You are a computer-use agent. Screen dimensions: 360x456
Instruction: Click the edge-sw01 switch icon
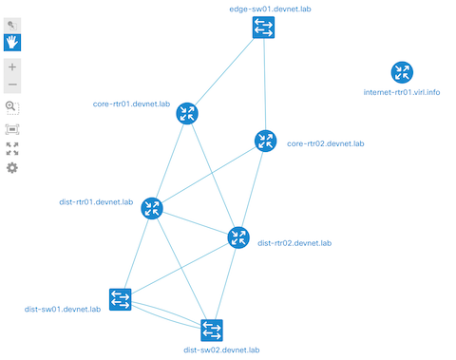click(x=264, y=28)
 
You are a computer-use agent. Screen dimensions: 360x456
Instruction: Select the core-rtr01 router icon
click(x=187, y=114)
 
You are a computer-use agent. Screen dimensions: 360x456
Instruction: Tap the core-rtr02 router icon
click(x=265, y=142)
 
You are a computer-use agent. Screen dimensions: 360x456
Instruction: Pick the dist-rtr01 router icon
click(x=152, y=209)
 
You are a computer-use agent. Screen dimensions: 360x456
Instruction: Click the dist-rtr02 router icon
click(x=238, y=237)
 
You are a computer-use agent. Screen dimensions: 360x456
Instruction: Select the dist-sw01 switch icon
click(x=121, y=300)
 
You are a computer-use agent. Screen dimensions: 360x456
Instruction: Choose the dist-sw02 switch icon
click(x=212, y=330)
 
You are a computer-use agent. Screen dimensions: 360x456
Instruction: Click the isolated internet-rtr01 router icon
click(x=403, y=72)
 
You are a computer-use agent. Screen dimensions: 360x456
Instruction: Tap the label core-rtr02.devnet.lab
click(x=326, y=143)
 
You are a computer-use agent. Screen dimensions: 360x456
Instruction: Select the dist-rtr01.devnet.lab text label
click(x=96, y=201)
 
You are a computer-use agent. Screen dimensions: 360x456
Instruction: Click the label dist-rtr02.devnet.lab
click(x=294, y=243)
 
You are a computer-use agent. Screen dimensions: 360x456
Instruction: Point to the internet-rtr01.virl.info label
click(x=403, y=93)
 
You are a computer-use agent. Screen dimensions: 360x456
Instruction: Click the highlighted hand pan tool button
click(x=12, y=42)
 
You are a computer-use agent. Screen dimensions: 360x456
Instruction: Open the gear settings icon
click(x=12, y=168)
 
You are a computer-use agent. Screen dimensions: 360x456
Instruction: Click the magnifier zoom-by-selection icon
click(x=12, y=107)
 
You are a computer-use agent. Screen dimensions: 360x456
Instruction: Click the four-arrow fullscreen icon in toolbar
click(x=12, y=148)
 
